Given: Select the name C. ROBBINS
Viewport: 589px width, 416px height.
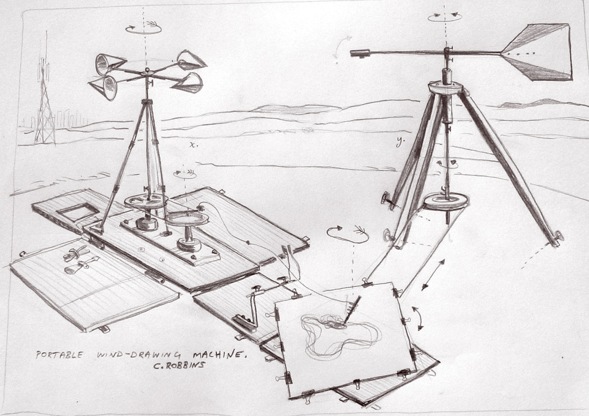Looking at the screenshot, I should [179, 365].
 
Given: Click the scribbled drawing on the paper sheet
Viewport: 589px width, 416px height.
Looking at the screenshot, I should [339, 333].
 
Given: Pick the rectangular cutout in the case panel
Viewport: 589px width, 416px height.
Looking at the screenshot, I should [78, 212].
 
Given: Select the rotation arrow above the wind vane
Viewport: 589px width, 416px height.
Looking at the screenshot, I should [445, 17].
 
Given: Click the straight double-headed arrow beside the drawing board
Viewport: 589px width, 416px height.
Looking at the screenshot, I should [433, 275].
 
